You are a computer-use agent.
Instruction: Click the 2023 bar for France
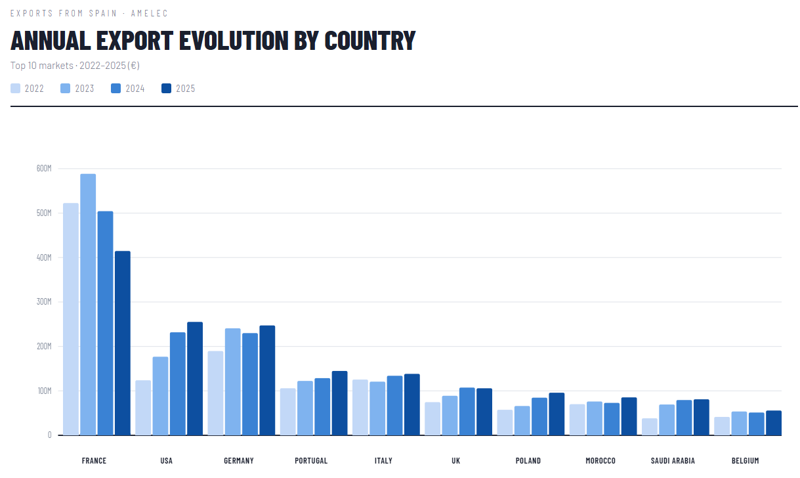click(x=88, y=305)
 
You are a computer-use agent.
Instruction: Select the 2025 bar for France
click(x=123, y=343)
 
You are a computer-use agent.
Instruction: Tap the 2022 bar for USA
click(x=143, y=408)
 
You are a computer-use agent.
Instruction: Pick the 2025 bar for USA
click(x=195, y=379)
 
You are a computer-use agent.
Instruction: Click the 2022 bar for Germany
click(x=215, y=393)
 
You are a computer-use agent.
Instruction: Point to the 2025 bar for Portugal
click(x=339, y=403)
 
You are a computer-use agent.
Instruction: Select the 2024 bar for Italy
click(x=394, y=406)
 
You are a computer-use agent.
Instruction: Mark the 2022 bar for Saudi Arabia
click(x=649, y=427)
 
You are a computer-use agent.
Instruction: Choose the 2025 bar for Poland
click(x=557, y=414)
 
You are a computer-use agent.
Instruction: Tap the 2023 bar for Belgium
click(x=739, y=424)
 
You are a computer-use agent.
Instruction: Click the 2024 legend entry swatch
click(x=116, y=89)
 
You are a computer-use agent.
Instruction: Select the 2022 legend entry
click(x=28, y=89)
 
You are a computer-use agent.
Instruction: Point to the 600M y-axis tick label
click(x=44, y=169)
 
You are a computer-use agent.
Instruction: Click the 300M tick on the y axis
click(x=44, y=302)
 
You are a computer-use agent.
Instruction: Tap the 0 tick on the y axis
click(x=49, y=435)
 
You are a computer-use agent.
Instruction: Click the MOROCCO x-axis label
click(x=600, y=461)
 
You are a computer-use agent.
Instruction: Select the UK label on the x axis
click(x=456, y=461)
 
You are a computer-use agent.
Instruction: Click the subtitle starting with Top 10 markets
click(x=75, y=66)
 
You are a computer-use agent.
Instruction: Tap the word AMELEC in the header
click(x=149, y=13)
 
